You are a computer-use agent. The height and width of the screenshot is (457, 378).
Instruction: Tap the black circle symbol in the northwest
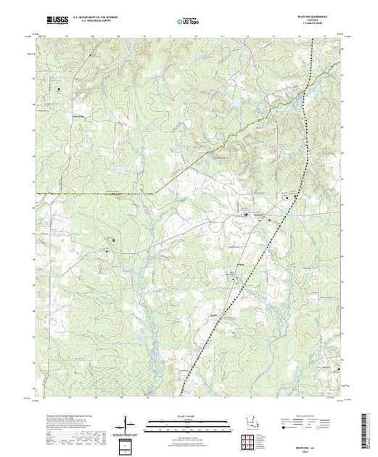coord(59,89)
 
